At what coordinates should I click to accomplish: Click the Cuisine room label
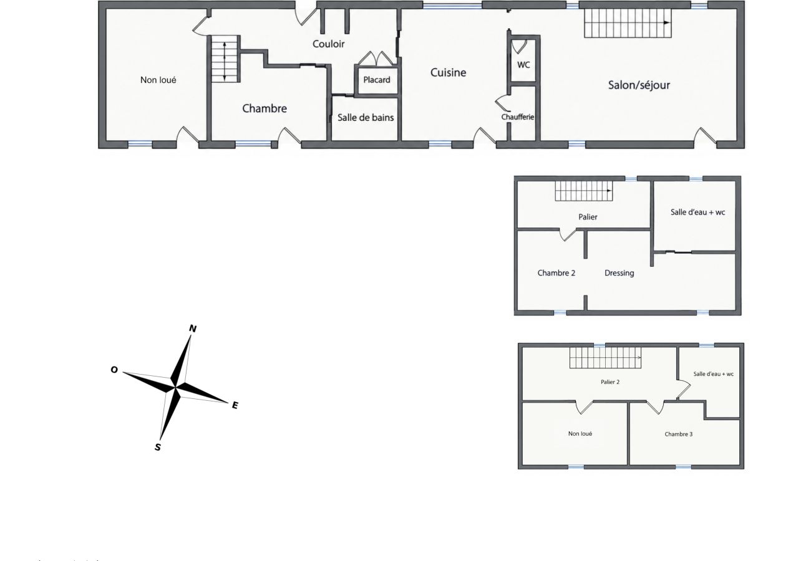448,72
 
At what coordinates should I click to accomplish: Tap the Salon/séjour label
639,85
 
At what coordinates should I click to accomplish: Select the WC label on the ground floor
523,65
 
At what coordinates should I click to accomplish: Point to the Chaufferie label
517,117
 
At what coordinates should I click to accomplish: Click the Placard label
377,80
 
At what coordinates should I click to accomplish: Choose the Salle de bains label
366,118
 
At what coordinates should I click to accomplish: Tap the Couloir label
328,44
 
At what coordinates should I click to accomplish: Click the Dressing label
619,273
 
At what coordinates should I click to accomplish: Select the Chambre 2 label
556,273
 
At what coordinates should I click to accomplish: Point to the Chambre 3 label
679,434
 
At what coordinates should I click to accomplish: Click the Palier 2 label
610,381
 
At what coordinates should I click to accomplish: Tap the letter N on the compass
193,328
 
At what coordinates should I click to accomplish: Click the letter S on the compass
157,448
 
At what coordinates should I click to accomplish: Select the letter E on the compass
235,405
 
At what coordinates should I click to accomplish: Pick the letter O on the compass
114,370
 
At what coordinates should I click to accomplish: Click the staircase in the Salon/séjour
628,23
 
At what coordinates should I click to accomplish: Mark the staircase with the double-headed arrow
225,59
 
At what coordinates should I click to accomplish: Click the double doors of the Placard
376,59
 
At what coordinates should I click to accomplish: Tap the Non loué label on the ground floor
158,80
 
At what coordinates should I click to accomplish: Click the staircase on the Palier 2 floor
605,357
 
